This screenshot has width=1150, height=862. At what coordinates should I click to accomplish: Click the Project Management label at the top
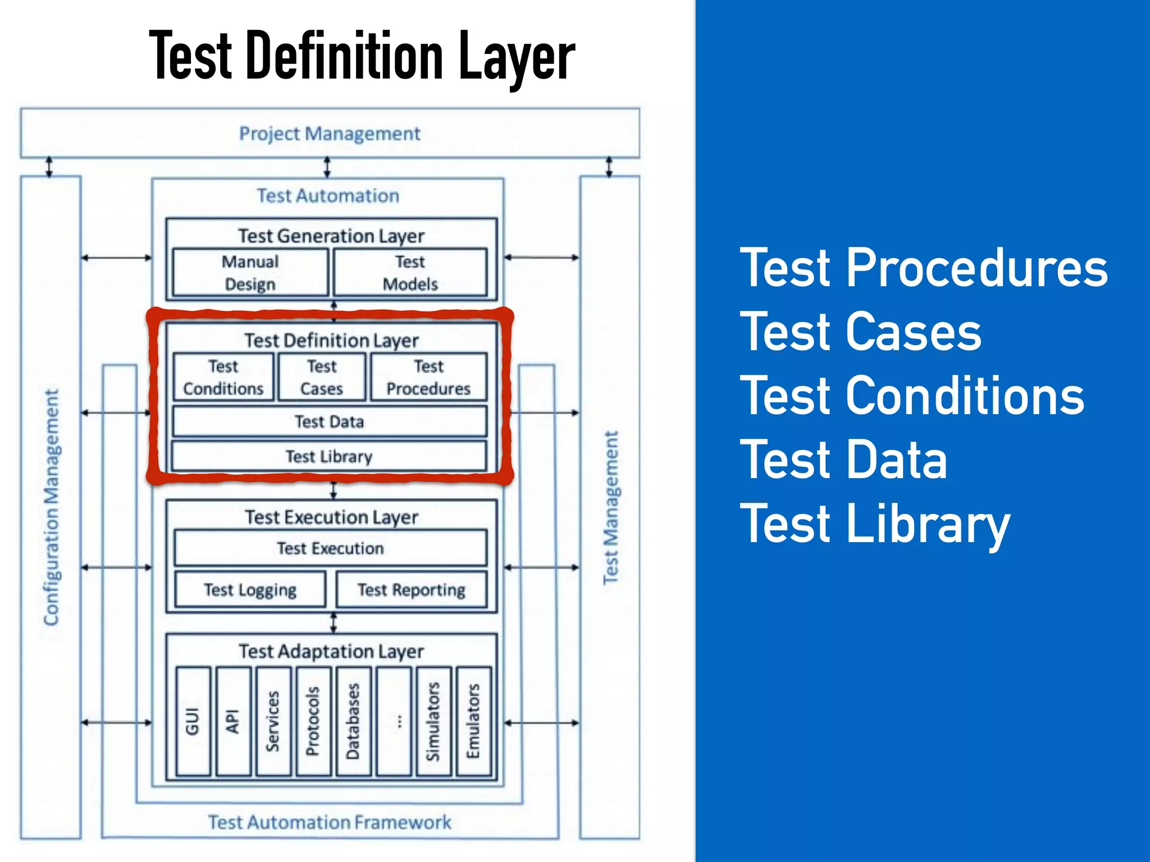330,134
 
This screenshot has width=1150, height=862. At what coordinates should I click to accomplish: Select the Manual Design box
250,273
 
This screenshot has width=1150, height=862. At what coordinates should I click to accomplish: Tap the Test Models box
410,273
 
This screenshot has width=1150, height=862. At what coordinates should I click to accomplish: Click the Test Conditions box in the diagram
223,377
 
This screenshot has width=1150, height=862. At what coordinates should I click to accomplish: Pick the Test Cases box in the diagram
322,377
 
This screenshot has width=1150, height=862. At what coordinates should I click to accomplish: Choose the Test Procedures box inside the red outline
428,377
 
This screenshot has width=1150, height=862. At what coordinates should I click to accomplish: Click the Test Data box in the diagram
330,421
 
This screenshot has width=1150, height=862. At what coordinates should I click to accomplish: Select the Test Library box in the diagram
329,456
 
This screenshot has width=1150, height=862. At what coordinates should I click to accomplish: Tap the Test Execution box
330,548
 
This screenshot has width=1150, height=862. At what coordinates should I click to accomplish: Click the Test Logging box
250,590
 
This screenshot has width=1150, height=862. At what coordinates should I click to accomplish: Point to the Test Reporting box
412,590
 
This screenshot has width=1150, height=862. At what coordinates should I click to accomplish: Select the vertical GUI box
193,721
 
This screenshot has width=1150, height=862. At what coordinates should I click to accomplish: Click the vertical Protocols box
313,721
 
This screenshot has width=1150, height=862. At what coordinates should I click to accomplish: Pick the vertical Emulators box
473,721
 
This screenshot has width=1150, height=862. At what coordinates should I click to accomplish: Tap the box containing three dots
394,721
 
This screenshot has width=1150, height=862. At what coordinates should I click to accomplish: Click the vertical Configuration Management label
51,507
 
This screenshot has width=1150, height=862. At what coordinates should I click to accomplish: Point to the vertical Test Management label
610,507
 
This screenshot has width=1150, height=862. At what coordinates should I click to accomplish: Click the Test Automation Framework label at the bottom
330,822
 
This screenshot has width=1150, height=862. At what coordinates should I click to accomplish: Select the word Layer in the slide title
517,56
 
